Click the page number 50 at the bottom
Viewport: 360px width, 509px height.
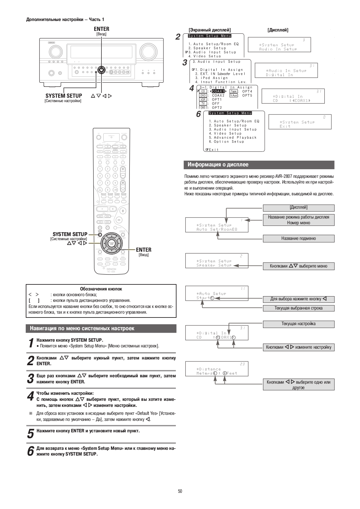tap(180, 491)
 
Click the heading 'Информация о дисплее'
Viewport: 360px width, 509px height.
tap(218, 165)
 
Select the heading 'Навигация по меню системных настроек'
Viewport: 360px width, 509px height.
tap(82, 328)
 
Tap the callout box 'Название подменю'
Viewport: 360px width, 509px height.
tap(298, 238)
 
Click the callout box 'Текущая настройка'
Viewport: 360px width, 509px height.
tap(298, 324)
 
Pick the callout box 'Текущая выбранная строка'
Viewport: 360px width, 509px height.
tap(298, 308)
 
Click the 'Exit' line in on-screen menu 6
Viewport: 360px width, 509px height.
tap(213, 150)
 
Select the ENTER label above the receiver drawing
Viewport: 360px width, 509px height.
tap(101, 29)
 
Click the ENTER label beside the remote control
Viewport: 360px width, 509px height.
tap(143, 250)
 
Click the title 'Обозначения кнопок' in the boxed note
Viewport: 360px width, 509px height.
tap(101, 289)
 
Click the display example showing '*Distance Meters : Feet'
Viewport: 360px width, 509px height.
tap(217, 369)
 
